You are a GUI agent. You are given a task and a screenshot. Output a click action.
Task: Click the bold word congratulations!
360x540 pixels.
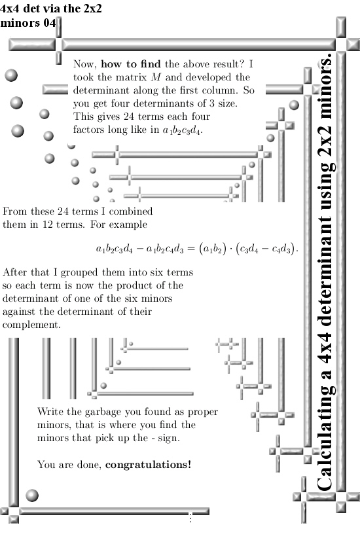point(148,465)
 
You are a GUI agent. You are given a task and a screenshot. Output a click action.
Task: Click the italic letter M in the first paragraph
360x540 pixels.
point(156,77)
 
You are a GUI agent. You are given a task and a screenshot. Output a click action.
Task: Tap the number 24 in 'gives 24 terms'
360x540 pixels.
point(128,117)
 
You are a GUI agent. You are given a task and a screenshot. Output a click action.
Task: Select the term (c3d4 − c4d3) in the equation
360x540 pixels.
point(266,249)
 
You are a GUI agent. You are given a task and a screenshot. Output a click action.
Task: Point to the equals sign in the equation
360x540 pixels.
point(191,249)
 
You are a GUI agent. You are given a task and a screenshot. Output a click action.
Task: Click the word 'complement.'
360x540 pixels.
point(31,325)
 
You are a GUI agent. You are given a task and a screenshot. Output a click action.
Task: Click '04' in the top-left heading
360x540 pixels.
point(49,23)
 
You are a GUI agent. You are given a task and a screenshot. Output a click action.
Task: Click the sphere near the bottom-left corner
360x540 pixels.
point(32,495)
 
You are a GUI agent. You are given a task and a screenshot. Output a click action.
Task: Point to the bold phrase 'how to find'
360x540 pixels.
point(131,64)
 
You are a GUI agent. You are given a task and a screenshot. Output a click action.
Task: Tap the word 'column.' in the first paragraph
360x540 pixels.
point(220,90)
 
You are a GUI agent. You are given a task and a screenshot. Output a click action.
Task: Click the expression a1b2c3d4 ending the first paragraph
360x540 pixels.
point(183,130)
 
